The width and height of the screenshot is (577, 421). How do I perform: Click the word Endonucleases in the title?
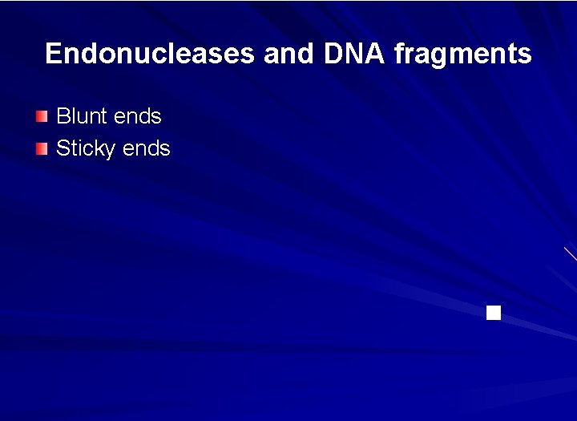pos(150,54)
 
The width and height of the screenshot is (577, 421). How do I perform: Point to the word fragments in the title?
pos(462,54)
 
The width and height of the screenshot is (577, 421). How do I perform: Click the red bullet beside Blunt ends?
pos(42,116)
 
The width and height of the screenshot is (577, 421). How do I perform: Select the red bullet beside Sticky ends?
pos(42,148)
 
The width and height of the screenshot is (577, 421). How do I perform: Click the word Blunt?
pos(82,116)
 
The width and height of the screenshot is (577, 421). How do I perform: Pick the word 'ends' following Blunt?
pos(137,116)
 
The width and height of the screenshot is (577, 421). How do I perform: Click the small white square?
pos(494,313)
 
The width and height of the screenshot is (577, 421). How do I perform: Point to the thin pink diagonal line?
pos(570,254)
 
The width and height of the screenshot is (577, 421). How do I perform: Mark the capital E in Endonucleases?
pos(54,54)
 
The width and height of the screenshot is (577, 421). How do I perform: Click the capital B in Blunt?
pos(63,116)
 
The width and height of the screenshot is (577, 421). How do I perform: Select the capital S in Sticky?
pos(63,148)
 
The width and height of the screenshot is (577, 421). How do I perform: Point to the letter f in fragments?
pos(398,54)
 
